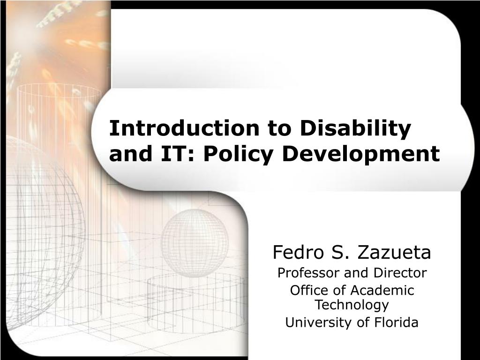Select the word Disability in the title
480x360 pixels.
[355, 128]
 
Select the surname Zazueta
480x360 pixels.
[394, 253]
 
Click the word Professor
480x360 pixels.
[309, 273]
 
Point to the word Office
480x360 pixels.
[305, 290]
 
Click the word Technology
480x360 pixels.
[352, 305]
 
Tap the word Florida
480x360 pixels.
[396, 322]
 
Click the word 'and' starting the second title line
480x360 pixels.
[131, 153]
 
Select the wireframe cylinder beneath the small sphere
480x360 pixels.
[196, 301]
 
